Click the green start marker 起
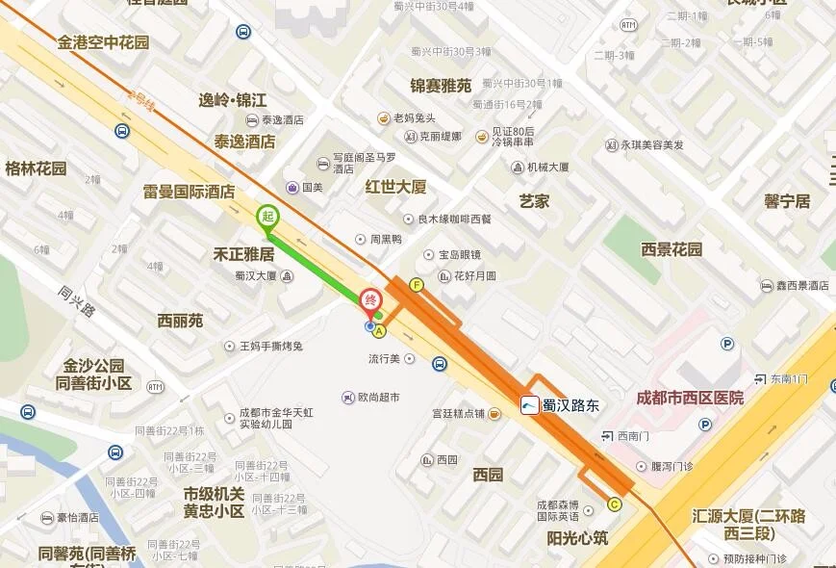(266, 218)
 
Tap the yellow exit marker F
(416, 285)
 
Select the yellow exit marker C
(614, 503)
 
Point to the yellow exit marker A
(379, 331)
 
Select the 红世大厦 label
(395, 187)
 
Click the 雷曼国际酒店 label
(189, 192)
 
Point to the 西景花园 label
(671, 249)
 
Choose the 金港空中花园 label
(103, 42)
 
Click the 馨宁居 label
(787, 201)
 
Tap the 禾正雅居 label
(243, 255)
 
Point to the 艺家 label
(534, 201)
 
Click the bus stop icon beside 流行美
(440, 364)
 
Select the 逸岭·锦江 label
(232, 100)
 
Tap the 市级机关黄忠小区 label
(214, 502)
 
